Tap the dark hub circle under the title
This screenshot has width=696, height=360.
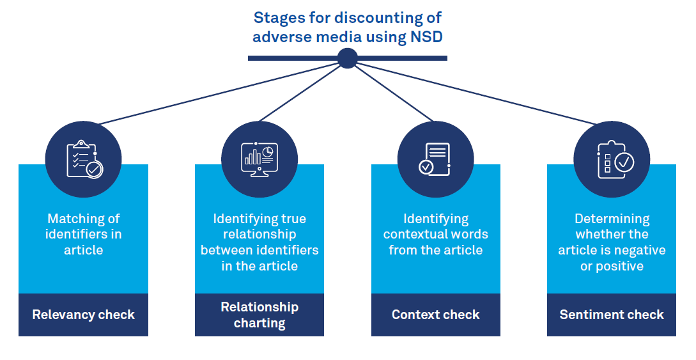point(347,58)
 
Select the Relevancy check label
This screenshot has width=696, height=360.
point(84,315)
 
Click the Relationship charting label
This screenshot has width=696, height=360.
point(259,315)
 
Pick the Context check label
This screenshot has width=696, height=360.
point(436,315)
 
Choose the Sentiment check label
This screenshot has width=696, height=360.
point(612,315)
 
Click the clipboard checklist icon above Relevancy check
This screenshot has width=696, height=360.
point(84,159)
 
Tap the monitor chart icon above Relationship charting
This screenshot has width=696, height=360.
point(259,159)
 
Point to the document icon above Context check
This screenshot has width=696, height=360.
point(435,159)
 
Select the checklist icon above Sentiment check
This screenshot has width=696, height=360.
point(612,159)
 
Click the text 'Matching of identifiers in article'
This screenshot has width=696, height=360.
point(84,234)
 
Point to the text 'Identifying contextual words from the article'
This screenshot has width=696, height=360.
point(436,234)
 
